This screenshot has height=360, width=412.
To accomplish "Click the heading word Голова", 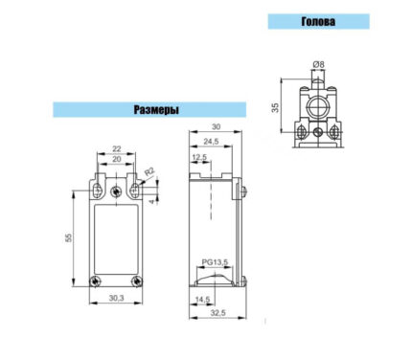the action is [x=318, y=21].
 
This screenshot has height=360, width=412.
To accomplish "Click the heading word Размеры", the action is [x=156, y=110].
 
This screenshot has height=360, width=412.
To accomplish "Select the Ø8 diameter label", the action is [x=318, y=64].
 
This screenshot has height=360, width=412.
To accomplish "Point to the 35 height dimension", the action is [x=275, y=107].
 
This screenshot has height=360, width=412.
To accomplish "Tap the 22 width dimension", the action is [x=117, y=148].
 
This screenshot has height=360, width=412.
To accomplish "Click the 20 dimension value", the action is [x=117, y=159].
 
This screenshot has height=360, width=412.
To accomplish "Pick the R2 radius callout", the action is [x=149, y=172].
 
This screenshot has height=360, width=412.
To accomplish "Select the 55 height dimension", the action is [x=69, y=237].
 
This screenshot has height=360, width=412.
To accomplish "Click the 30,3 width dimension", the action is [x=116, y=298].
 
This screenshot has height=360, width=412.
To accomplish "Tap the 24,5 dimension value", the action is [x=211, y=142].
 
